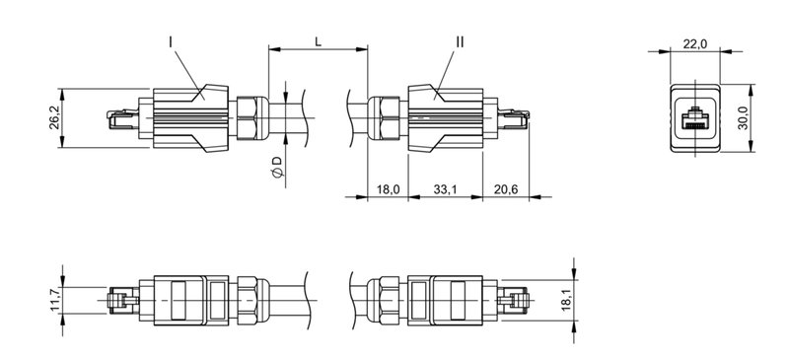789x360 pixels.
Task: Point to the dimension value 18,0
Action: (387, 188)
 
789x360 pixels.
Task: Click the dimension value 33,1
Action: (444, 188)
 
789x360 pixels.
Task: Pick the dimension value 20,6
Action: (504, 188)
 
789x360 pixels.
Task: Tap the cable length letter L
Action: (316, 41)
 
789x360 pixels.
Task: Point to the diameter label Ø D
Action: (276, 168)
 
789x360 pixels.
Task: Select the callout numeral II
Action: (460, 41)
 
